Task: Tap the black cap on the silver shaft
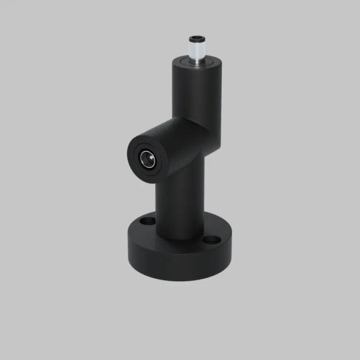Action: [x=196, y=38]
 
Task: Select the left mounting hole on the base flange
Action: [x=148, y=220]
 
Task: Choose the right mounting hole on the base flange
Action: [x=211, y=240]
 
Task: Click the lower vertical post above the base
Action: [x=180, y=202]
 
